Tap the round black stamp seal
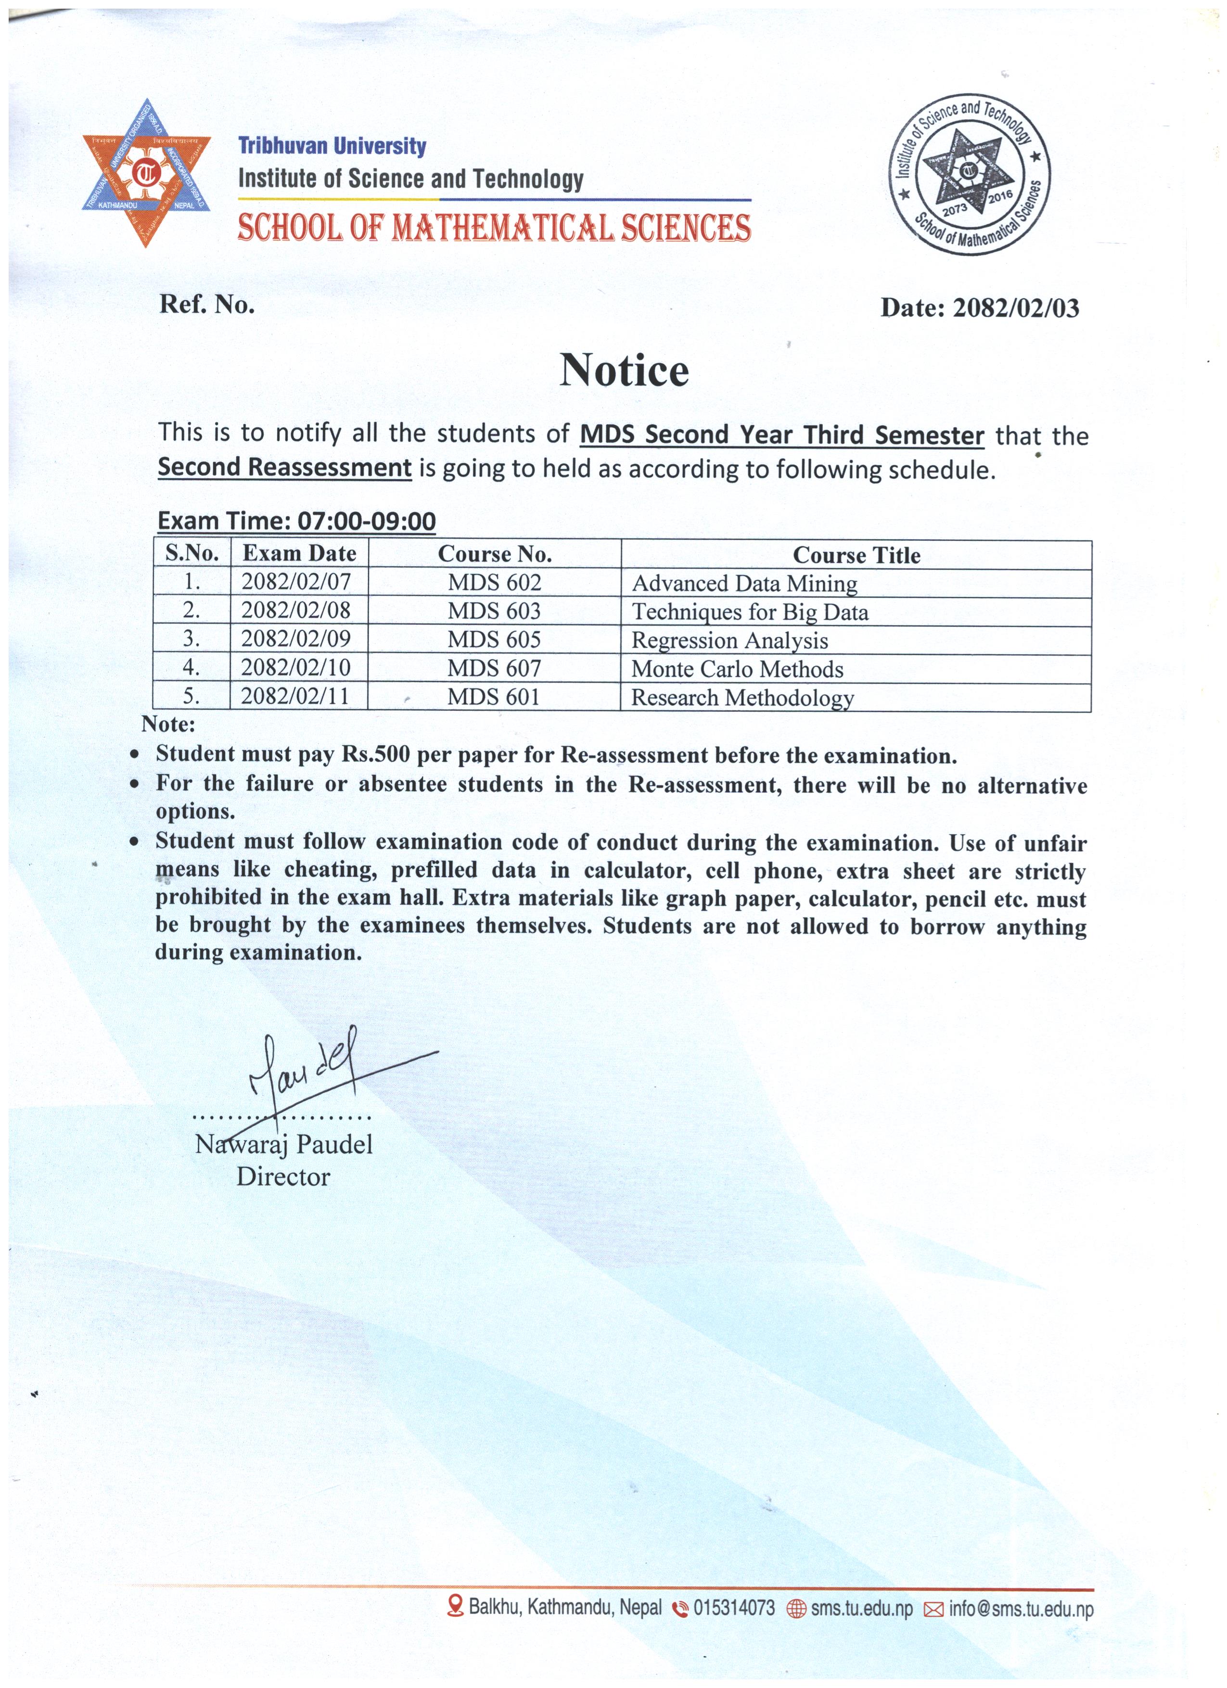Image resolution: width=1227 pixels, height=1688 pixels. click(969, 174)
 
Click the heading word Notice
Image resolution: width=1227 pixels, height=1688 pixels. click(624, 370)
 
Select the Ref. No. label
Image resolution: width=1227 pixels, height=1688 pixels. click(207, 304)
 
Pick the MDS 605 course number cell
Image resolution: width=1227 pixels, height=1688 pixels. click(494, 639)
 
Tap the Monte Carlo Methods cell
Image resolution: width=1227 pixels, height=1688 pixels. click(737, 669)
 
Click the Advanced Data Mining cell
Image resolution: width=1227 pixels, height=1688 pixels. click(744, 584)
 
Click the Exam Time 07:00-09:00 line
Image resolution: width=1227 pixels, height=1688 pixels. click(296, 521)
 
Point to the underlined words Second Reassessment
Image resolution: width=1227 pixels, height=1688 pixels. click(284, 467)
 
